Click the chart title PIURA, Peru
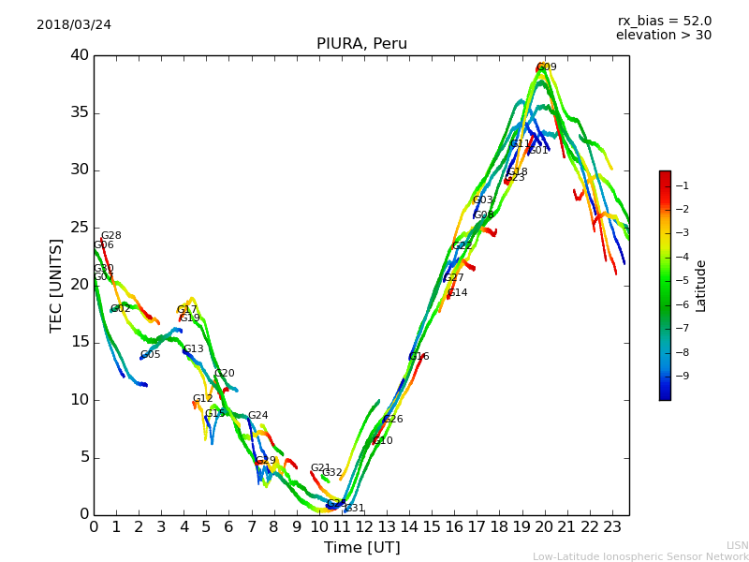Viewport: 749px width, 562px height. tap(361, 44)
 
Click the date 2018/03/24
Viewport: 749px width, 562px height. tap(74, 24)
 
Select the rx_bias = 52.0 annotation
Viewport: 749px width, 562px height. tap(664, 21)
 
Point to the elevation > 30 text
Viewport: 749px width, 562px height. tap(663, 36)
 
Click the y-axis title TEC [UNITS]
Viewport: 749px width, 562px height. tap(56, 285)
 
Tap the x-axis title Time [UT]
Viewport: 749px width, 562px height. tap(361, 548)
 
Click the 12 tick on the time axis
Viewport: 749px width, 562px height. tap(364, 527)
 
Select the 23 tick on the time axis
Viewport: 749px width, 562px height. tap(612, 527)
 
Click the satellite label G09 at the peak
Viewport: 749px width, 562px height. tap(547, 67)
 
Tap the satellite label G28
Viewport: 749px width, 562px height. tap(111, 236)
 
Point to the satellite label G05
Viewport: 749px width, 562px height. tap(151, 355)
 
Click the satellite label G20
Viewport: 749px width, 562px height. tap(225, 374)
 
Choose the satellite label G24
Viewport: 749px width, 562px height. tap(258, 416)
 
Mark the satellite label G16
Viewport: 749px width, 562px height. tap(419, 357)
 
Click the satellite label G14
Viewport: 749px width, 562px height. tap(458, 293)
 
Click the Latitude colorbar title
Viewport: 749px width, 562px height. tap(701, 286)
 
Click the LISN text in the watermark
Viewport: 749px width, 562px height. tap(737, 545)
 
